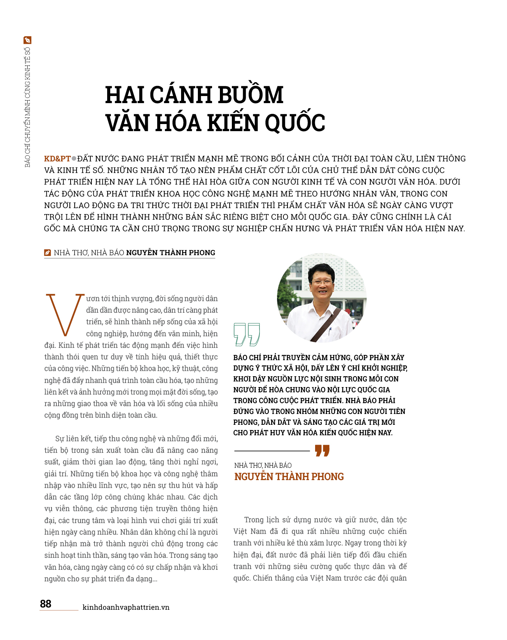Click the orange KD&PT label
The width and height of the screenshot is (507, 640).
coord(57,158)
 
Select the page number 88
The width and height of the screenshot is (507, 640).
coord(46,604)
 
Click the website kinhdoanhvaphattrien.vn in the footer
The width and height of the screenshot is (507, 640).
coord(126,607)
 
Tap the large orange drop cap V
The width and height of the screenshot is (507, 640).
coord(65,314)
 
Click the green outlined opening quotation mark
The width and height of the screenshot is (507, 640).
coord(246,334)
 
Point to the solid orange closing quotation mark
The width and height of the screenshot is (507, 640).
coord(322,451)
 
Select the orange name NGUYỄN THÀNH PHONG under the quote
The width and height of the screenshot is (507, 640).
coord(289,477)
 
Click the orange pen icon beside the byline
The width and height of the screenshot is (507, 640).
coord(47,253)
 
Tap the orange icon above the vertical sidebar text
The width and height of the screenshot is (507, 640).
coord(27,40)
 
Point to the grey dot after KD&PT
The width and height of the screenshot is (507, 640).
coord(74,158)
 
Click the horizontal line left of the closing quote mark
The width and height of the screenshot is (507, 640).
coord(272,451)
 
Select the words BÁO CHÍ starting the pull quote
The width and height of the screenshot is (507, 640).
coord(249,358)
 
